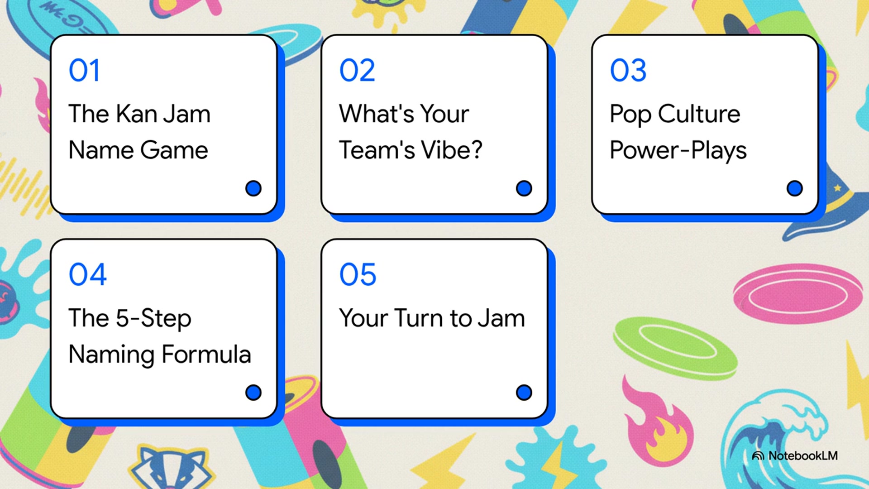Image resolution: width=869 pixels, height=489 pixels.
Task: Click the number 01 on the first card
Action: (x=84, y=71)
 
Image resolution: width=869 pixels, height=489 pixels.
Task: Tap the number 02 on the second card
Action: (x=357, y=71)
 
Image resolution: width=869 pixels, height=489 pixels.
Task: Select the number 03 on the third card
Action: (x=628, y=71)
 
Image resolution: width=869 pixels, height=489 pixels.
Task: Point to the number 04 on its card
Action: (x=87, y=275)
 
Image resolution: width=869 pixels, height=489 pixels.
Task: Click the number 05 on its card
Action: (x=358, y=275)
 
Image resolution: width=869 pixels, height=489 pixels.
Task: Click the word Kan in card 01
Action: (x=136, y=114)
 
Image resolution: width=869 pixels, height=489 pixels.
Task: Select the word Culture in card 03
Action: (x=699, y=114)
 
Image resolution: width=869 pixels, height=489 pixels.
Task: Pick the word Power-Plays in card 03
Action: (x=678, y=151)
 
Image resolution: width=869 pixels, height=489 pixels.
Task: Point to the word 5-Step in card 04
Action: (x=153, y=318)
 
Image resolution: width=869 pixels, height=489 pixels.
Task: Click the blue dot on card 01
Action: (x=253, y=188)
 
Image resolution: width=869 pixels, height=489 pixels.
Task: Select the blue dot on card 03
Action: (x=794, y=188)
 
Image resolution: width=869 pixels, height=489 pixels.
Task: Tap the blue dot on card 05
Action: (x=524, y=393)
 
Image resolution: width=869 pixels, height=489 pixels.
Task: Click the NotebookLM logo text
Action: (x=802, y=456)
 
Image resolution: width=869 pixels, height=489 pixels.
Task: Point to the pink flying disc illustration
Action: (x=797, y=294)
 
